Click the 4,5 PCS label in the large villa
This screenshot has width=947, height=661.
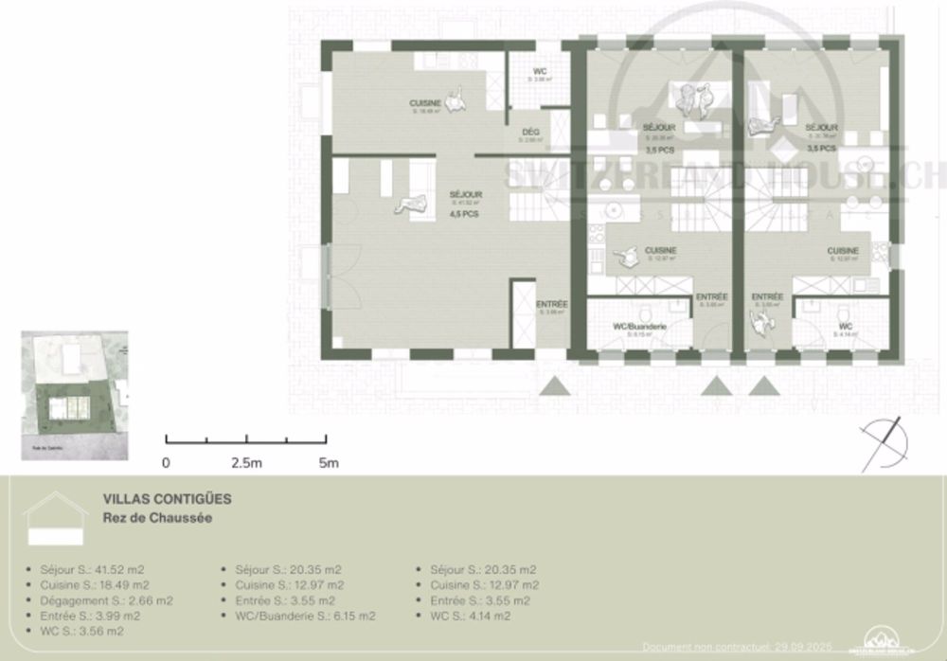pyautogui.click(x=465, y=214)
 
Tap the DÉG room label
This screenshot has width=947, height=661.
pyautogui.click(x=530, y=133)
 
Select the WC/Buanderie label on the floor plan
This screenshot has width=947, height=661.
pyautogui.click(x=641, y=327)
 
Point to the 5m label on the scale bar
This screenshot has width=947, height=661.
pyautogui.click(x=328, y=463)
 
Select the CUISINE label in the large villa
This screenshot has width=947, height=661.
pyautogui.click(x=426, y=102)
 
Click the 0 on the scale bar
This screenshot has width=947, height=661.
pyautogui.click(x=166, y=463)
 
